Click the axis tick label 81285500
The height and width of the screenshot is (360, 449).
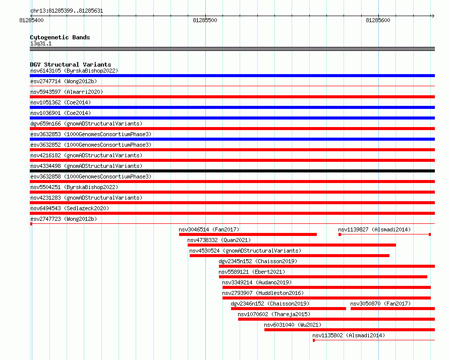tap(205, 20)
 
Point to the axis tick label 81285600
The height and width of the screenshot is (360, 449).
tap(378, 20)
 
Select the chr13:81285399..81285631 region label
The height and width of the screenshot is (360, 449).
tap(67, 11)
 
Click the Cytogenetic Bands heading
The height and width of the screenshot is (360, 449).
tap(60, 37)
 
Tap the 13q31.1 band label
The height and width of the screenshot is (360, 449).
tap(41, 43)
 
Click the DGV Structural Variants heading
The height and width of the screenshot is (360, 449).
tap(71, 65)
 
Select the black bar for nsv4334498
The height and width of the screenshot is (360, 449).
tap(232, 171)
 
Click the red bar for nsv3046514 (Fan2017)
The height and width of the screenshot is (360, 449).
tap(248, 234)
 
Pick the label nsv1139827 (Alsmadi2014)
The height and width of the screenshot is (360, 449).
tap(374, 229)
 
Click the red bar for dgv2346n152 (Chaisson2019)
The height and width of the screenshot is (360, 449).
tap(289, 309)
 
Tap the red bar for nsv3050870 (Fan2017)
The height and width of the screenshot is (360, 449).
tap(392, 309)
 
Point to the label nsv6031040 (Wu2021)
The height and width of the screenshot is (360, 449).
tap(293, 325)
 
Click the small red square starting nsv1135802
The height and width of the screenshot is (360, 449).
tap(314, 340)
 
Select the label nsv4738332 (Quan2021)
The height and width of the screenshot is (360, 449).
tap(219, 240)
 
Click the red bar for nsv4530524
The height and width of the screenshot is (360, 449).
tap(290, 256)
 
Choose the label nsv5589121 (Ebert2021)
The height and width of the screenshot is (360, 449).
tap(252, 272)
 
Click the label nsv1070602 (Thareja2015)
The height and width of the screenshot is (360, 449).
tap(274, 314)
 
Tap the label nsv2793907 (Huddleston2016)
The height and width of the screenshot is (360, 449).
tap(263, 293)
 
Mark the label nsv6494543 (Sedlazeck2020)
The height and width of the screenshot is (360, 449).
tap(70, 208)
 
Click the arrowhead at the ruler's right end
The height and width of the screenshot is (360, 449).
tap(433, 16)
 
